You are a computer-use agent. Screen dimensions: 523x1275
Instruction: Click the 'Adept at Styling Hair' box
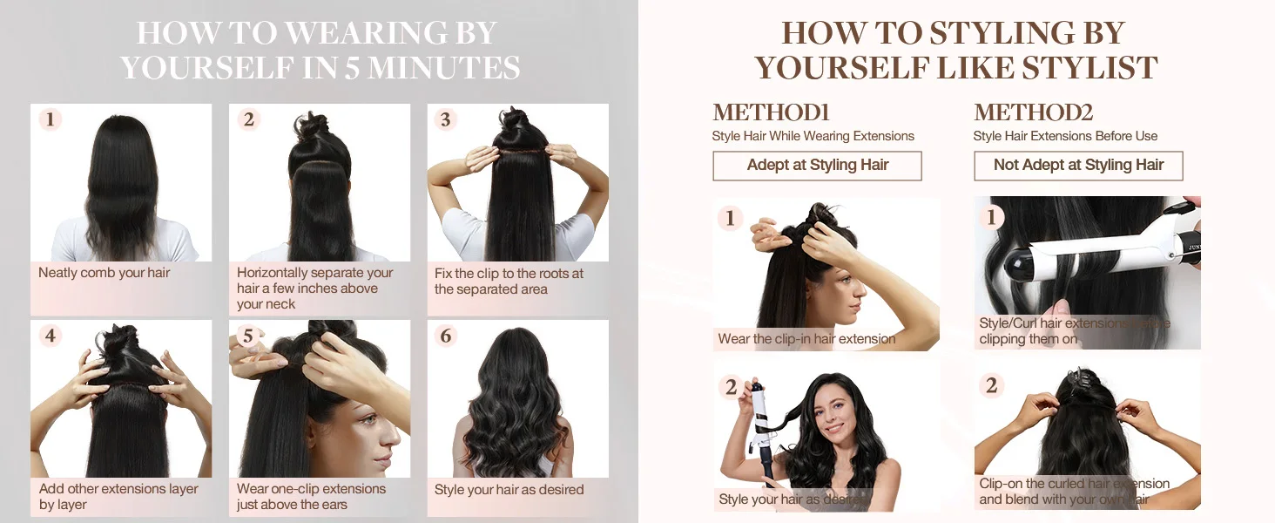[817, 166]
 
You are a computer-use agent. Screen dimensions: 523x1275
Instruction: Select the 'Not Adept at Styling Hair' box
[1078, 166]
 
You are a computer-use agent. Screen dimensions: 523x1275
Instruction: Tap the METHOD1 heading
[771, 113]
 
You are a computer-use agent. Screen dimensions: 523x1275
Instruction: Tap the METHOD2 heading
[1033, 113]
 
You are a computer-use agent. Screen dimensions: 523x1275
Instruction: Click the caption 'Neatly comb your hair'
[105, 273]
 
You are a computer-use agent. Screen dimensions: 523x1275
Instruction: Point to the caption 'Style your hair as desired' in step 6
[509, 490]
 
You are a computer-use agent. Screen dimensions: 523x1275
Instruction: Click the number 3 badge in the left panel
[446, 119]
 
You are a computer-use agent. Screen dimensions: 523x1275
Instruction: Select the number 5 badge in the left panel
[248, 336]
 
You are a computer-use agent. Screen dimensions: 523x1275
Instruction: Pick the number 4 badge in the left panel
[51, 336]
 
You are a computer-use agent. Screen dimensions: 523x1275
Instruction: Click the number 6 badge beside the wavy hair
[446, 336]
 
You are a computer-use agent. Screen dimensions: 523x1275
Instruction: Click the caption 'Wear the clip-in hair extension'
[806, 339]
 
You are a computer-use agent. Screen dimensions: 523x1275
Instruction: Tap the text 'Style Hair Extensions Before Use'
[1065, 136]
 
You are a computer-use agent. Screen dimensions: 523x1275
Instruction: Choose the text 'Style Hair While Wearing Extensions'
[813, 136]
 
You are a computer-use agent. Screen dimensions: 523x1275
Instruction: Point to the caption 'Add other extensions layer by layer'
[118, 497]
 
